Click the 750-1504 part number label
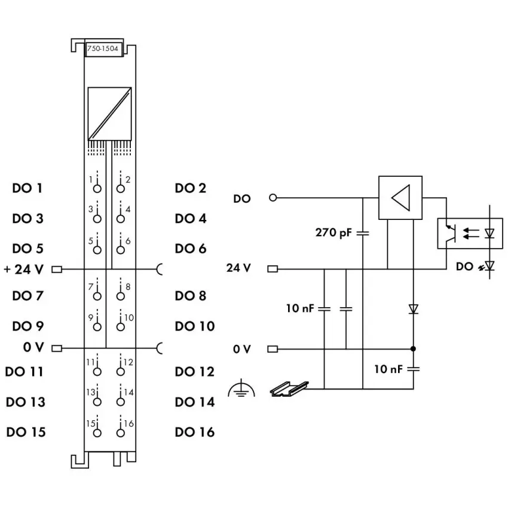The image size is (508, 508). pos(103,48)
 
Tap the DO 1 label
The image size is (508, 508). pos(27,188)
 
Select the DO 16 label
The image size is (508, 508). pos(195,432)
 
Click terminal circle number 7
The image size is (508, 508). pos(97,296)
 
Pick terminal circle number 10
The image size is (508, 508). pos(121,327)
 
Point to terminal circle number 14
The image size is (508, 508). pos(121,402)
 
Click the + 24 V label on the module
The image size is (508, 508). pos(24,269)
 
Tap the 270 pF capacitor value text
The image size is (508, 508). pos(333,232)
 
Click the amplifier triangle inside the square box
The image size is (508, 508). pos(401,198)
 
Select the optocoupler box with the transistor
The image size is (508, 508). pos(470,234)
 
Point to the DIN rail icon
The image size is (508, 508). pos(289,389)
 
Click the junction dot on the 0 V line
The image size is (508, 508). pos(413,348)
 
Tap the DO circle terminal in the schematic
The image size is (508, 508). pos(273,197)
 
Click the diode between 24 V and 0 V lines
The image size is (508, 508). pos(413,309)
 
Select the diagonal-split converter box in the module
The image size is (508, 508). pos(109,114)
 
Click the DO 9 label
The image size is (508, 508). pos(28,326)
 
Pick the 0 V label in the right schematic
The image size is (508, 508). pos(241,349)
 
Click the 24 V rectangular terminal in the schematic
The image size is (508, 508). pos(273,269)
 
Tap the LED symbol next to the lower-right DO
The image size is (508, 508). pos(489,267)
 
